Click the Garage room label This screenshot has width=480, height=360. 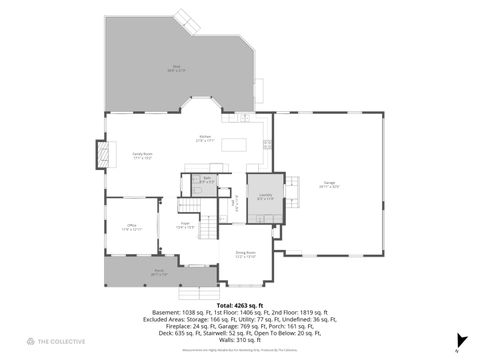click(x=329, y=184)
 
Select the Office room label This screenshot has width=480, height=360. click(x=131, y=227)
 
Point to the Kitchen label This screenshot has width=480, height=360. click(x=205, y=138)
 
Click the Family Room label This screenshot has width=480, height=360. click(x=142, y=156)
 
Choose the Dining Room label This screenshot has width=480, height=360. click(x=245, y=255)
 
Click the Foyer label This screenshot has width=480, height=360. click(x=186, y=225)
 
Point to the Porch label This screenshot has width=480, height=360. click(x=158, y=273)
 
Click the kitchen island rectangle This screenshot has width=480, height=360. click(x=234, y=144)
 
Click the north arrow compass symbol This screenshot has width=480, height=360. click(x=457, y=340)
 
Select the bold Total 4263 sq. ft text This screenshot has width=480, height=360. click(x=246, y=304)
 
